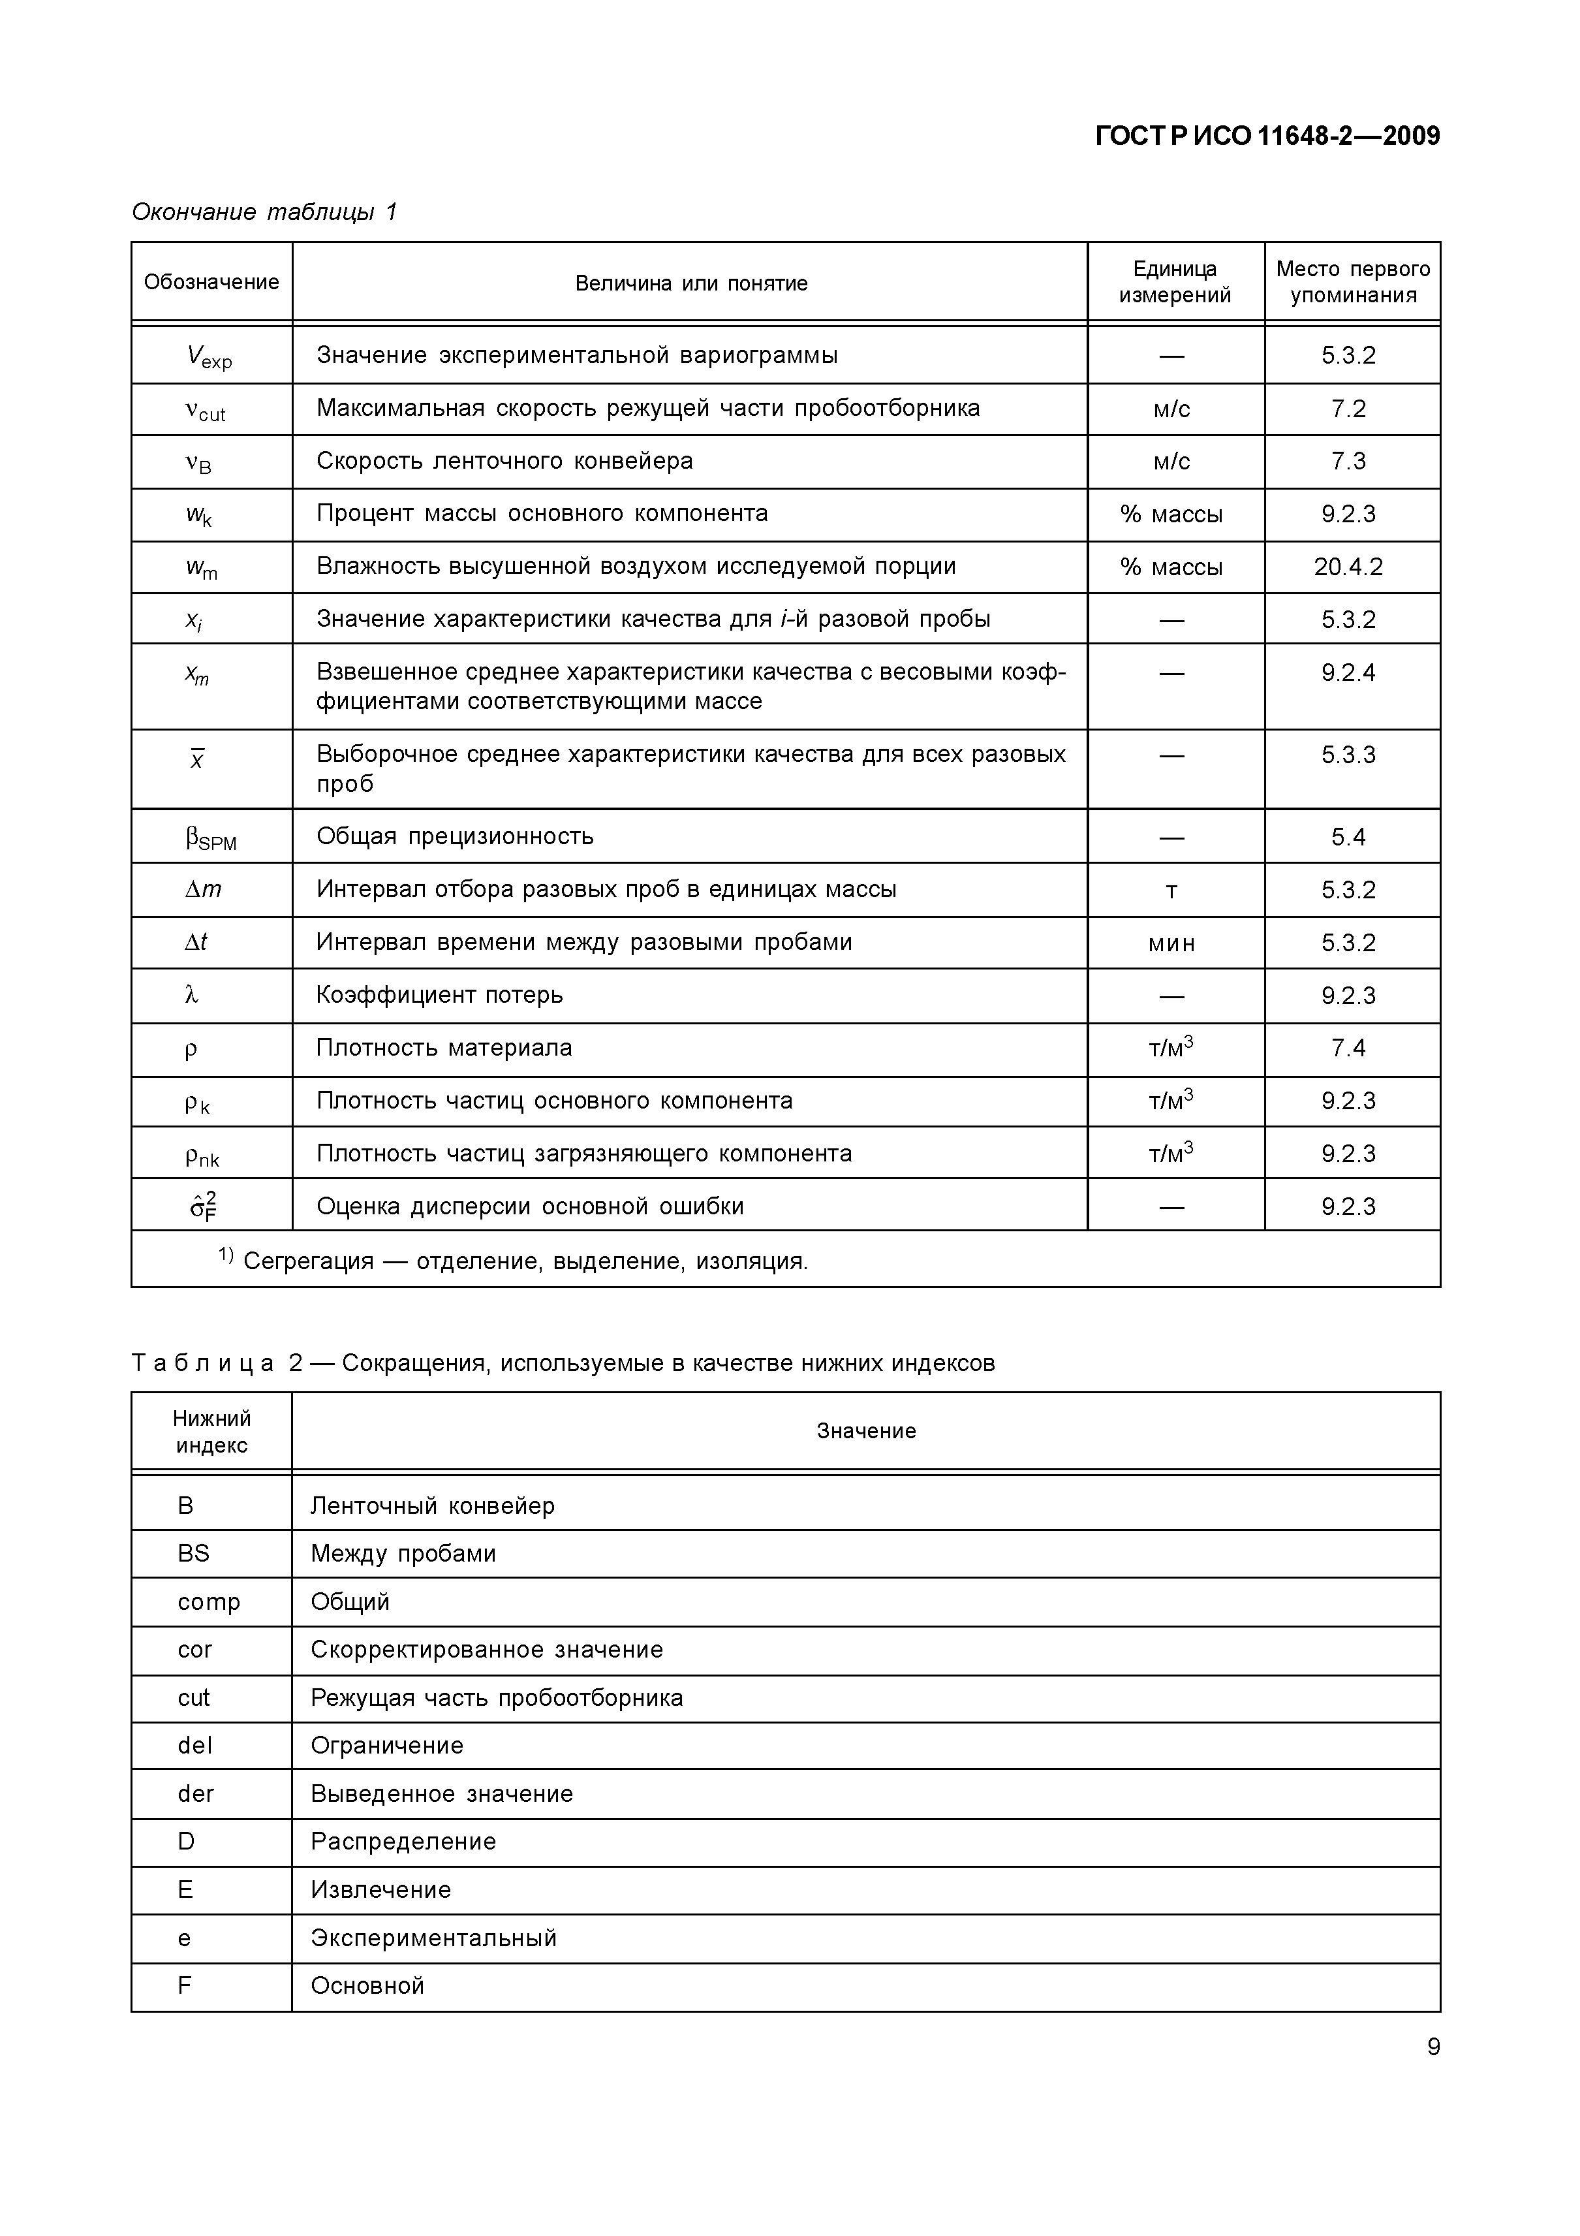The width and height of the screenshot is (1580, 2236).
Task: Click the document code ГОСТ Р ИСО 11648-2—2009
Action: pyautogui.click(x=1267, y=135)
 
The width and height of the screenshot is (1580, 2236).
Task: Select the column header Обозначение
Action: pyautogui.click(x=211, y=283)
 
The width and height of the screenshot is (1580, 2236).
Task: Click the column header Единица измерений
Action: pyautogui.click(x=1174, y=283)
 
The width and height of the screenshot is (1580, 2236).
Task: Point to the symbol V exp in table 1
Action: pyautogui.click(x=208, y=356)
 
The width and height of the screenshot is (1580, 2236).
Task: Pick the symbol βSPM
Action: pyautogui.click(x=210, y=838)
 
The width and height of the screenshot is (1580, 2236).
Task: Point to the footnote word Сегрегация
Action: pyautogui.click(x=307, y=1261)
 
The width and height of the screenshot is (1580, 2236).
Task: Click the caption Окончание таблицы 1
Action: pyautogui.click(x=264, y=212)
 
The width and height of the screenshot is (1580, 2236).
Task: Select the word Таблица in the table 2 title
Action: pyautogui.click(x=202, y=1362)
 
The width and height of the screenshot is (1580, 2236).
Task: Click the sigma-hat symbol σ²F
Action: pyautogui.click(x=202, y=1206)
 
